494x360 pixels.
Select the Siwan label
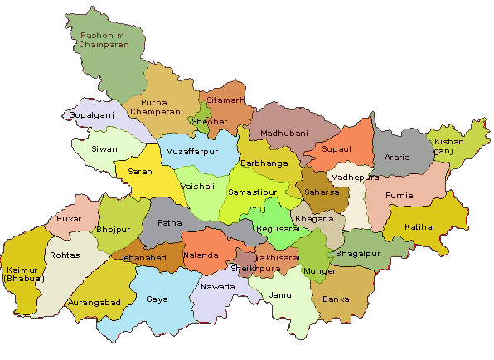(104, 149)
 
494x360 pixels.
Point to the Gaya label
(157, 299)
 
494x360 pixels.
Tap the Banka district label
(337, 299)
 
